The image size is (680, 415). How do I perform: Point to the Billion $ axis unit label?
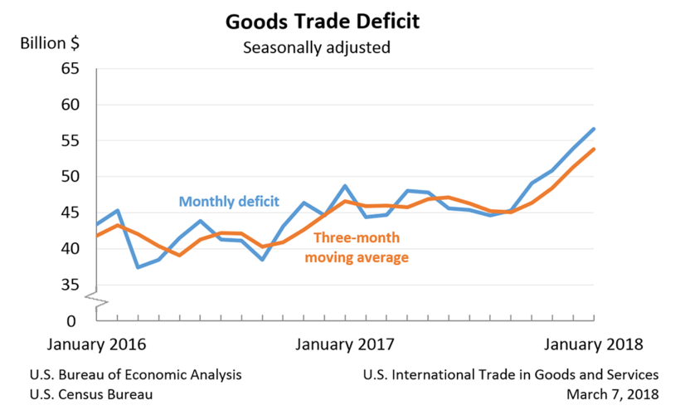tap(52, 43)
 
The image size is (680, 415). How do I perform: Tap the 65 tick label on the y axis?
tap(70, 69)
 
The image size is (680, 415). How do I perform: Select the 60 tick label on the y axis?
tap(70, 105)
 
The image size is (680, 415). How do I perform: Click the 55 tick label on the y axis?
tap(70, 141)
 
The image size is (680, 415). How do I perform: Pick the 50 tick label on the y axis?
tap(70, 177)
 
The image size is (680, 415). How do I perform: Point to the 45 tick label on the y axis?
tap(70, 213)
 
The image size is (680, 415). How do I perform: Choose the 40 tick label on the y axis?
tap(70, 249)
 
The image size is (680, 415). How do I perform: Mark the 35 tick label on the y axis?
tap(70, 285)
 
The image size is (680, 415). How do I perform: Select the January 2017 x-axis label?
tap(346, 344)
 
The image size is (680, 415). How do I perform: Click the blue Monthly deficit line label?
tap(229, 201)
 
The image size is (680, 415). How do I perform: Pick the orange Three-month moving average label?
tap(357, 247)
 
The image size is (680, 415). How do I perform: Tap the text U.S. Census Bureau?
tap(90, 394)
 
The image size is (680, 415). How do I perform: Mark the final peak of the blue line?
tap(595, 129)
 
